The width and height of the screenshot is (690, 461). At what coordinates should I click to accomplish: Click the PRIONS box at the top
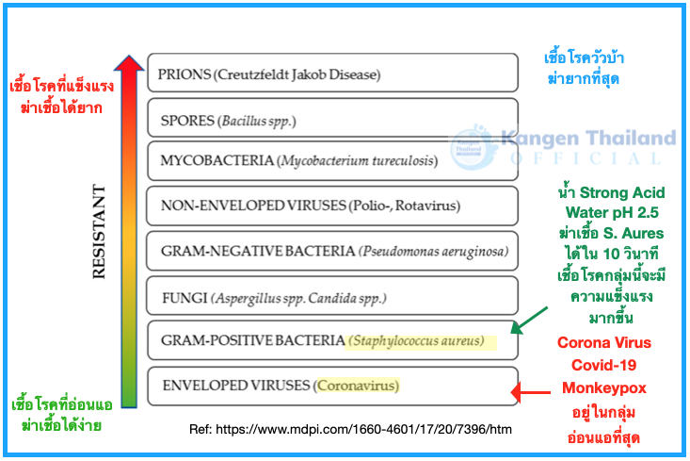point(332,74)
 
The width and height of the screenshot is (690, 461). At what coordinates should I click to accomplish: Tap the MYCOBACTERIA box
point(332,160)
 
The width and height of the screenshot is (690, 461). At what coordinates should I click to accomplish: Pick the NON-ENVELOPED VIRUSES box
point(332,205)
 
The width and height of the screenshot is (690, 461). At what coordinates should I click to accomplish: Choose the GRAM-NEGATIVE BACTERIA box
point(332,250)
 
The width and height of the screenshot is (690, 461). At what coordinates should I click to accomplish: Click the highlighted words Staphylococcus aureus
point(416,340)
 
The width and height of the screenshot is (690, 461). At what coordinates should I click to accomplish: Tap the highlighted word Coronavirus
point(357,386)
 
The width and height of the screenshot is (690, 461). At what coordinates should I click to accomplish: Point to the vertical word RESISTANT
point(98,231)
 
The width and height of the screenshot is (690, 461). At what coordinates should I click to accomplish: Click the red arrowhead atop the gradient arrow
point(129,64)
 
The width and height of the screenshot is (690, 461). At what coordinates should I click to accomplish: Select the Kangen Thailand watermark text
point(589,139)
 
